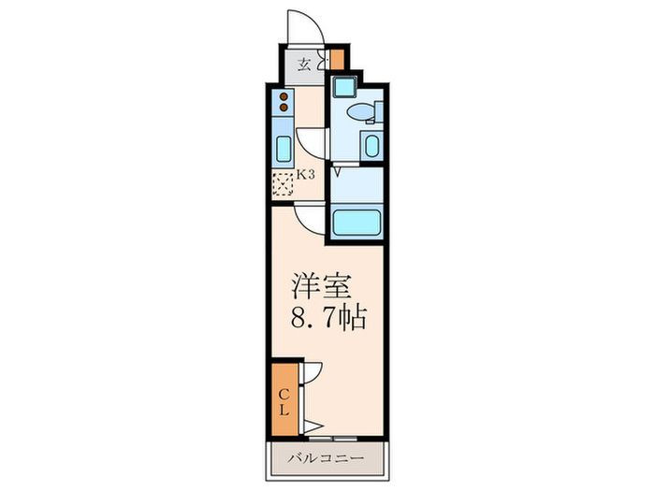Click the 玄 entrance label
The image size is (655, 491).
304,65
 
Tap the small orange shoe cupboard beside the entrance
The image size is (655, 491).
337,59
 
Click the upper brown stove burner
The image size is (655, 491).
284,96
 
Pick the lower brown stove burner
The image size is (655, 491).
284,108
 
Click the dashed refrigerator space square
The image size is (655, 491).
283,184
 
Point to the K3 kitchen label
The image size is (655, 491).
305,175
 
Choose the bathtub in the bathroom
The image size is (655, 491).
357,223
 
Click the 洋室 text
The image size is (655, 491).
321,286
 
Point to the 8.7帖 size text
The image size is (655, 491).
328,319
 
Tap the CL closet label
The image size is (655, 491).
284,402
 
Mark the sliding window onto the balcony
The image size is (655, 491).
333,439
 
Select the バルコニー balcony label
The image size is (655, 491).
327,459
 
